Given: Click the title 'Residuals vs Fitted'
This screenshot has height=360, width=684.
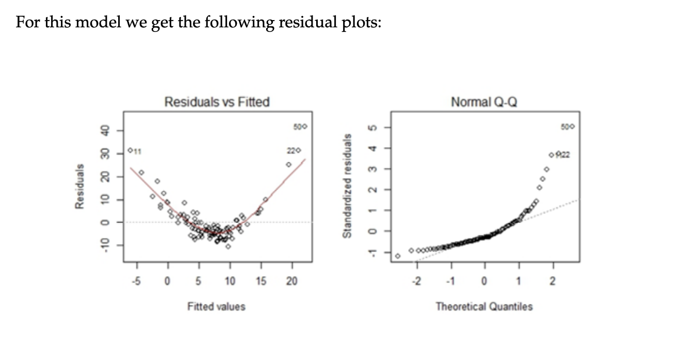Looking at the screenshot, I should point(217,102).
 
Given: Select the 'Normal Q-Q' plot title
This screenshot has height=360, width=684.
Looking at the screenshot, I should point(484,102).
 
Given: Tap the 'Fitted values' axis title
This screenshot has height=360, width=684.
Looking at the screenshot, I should point(216,306).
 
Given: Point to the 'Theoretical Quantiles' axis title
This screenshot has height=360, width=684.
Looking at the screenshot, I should point(484,306).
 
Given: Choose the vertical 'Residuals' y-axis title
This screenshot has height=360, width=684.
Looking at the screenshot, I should point(79,186).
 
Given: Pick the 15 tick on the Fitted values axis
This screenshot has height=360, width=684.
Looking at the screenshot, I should point(261,281).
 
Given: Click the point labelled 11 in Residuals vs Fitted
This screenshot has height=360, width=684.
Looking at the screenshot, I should point(131,150).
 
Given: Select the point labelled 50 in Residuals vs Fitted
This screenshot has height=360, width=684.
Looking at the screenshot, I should point(305,126).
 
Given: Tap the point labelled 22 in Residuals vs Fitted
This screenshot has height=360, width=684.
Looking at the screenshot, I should point(298,150).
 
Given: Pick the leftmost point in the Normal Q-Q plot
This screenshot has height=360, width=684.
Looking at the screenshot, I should point(398,255).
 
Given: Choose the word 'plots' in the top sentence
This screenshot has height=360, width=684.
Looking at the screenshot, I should point(361,23).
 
